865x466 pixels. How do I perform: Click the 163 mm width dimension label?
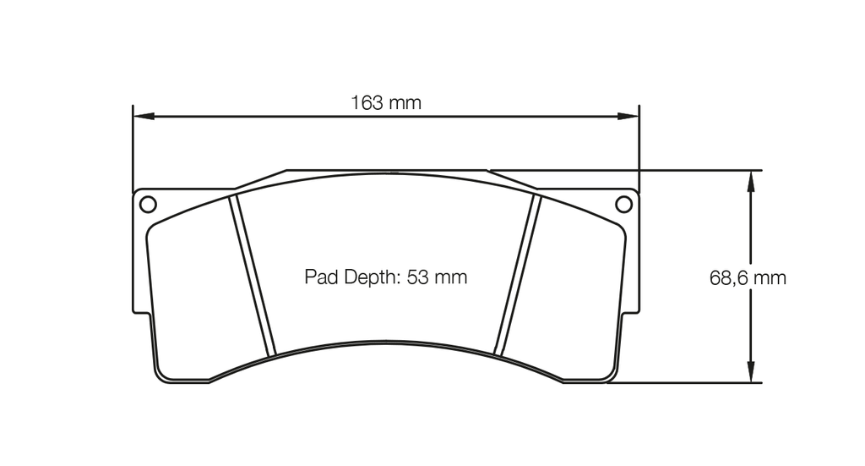coord(386,103)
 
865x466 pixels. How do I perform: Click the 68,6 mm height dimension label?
coord(748,278)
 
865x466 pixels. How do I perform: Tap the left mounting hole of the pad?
coord(147,204)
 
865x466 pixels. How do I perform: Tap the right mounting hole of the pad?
coord(623,204)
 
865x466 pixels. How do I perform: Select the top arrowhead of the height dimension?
coord(749,178)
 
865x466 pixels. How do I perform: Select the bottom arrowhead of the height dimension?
coord(749,376)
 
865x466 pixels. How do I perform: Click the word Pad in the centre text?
coord(321,277)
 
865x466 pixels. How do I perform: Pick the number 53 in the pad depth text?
coord(419,277)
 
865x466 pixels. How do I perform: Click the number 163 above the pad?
coord(367,103)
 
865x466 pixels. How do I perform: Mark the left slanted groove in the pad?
coord(253,275)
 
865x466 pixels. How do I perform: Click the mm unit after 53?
coord(451,277)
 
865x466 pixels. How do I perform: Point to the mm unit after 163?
coord(405,103)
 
